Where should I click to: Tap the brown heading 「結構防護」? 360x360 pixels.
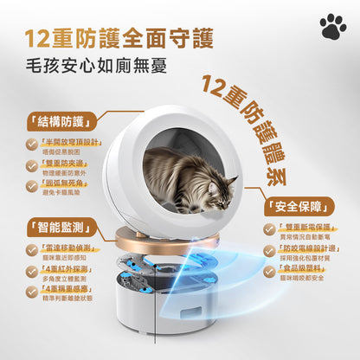[x=55, y=120]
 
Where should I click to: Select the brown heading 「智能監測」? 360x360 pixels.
[x=55, y=229]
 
